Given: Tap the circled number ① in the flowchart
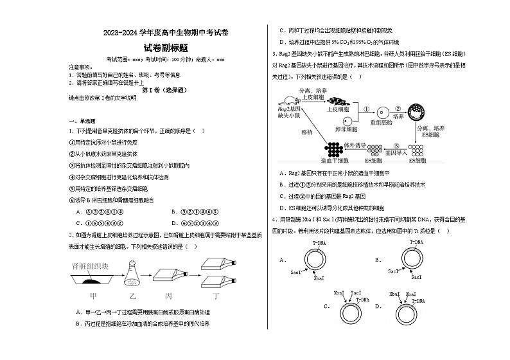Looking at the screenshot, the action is pos(367,109).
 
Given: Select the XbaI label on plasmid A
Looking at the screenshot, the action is pos(319,279).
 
